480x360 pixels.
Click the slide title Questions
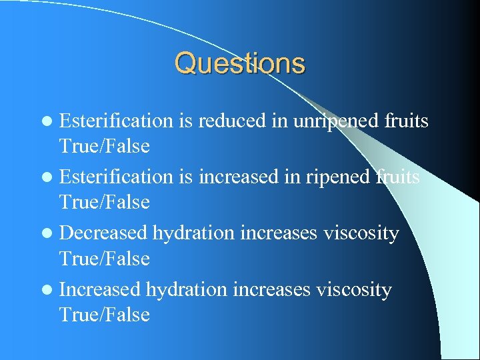coord(239,64)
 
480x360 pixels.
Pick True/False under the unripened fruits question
coord(105,145)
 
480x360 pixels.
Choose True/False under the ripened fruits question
coord(105,201)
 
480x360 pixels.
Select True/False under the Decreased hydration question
coord(105,258)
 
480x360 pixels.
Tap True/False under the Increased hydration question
coord(105,314)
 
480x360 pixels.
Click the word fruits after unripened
coord(407,121)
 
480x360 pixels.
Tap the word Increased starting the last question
coord(100,290)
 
